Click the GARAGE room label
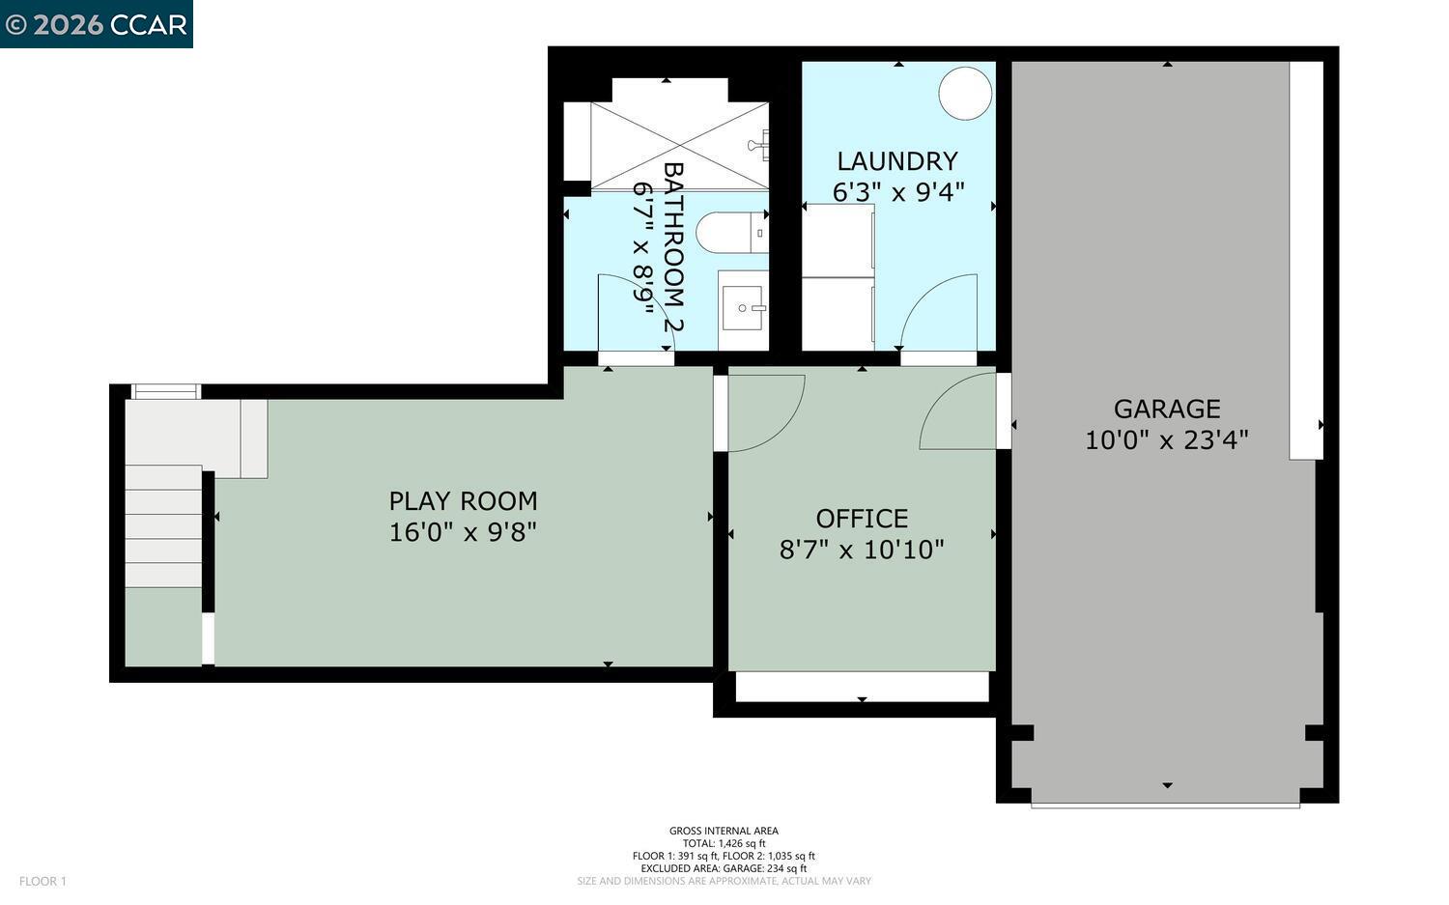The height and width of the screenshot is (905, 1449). pyautogui.click(x=1166, y=409)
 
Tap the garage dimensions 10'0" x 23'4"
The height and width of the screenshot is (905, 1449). pyautogui.click(x=1166, y=440)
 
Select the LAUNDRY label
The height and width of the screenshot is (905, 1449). pyautogui.click(x=896, y=161)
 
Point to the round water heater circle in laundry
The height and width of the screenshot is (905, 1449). pyautogui.click(x=965, y=94)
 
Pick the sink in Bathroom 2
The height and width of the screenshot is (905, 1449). pyautogui.click(x=743, y=309)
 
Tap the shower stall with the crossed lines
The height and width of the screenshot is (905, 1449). pyautogui.click(x=679, y=145)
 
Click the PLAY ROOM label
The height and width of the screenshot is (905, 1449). pyautogui.click(x=463, y=501)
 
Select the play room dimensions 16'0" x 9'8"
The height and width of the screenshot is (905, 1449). pyautogui.click(x=463, y=532)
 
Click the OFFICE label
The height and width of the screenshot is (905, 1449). pyautogui.click(x=861, y=519)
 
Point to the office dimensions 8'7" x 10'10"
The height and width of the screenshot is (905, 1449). pyautogui.click(x=861, y=551)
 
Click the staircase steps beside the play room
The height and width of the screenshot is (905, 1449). pyautogui.click(x=162, y=526)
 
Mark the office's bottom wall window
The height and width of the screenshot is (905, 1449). pyautogui.click(x=862, y=687)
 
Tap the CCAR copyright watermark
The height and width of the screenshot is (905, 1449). pyautogui.click(x=96, y=24)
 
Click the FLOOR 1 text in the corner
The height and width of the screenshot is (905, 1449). pyautogui.click(x=43, y=881)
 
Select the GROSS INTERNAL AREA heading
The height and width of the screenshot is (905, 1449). pyautogui.click(x=724, y=831)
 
